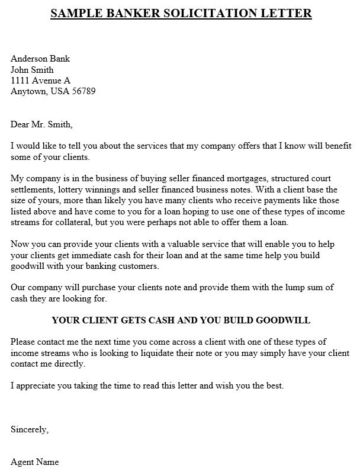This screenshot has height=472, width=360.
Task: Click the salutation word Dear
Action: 21,124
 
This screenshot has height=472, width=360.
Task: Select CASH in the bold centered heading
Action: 160,320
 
